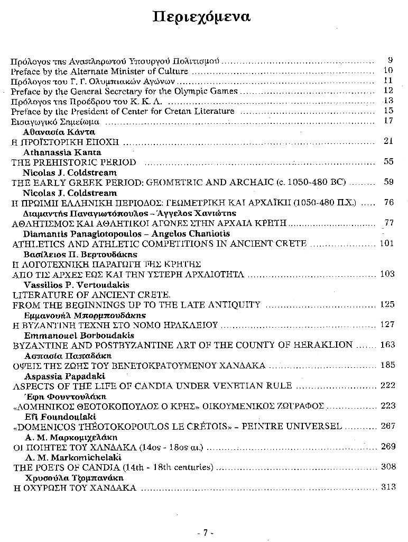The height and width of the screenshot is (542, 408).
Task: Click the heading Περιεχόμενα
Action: pos(201,17)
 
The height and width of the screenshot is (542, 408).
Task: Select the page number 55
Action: pos(389,162)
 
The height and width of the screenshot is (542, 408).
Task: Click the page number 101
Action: pos(387,243)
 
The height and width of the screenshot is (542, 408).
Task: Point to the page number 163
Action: pos(387,345)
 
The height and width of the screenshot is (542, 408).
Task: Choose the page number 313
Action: pos(387,487)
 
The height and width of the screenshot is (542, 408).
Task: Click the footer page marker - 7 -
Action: pos(204,532)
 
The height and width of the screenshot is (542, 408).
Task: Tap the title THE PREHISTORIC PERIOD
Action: pos(73,162)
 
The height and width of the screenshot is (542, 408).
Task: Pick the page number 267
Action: pos(387,426)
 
